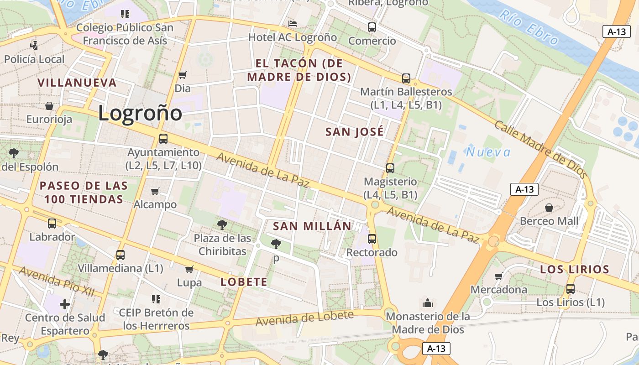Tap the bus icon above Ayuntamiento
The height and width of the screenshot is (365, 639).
pos(163,139)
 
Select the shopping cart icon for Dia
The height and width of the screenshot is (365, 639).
pos(183,75)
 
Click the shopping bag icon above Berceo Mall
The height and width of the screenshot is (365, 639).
pos(549,208)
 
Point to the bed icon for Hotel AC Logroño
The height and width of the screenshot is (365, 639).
pos(293,24)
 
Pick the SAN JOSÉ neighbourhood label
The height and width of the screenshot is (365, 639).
pos(354,132)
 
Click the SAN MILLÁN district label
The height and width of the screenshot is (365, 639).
pos(312,226)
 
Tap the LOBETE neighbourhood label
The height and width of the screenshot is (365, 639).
pos(244,282)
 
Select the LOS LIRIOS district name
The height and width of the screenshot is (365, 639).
pos(575,270)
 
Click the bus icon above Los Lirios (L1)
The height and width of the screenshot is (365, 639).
pos(570,289)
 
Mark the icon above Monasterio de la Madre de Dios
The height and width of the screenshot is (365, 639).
pos(428,303)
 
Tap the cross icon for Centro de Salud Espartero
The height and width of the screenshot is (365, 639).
pos(65,304)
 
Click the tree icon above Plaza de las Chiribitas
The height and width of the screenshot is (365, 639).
pos(222,224)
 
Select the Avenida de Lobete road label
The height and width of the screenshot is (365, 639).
pos(304,318)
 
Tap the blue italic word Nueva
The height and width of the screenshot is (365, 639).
pos(488,152)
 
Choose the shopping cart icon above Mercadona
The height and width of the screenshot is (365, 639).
pos(498,276)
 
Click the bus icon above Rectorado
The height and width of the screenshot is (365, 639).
pos(372,239)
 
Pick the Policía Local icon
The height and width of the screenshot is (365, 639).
pos(34,45)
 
